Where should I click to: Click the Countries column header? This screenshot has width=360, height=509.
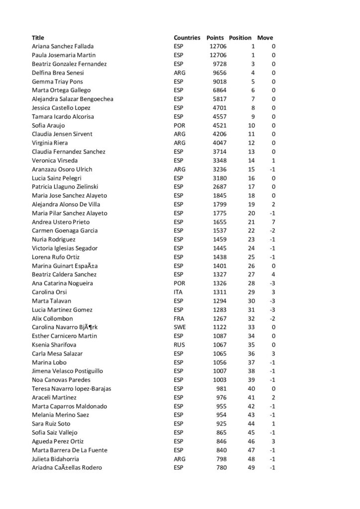tap(187, 38)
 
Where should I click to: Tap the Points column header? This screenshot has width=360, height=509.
tap(215, 38)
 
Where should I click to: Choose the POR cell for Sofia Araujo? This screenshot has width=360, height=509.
tap(180, 125)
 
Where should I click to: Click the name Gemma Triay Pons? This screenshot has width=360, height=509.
tap(55, 82)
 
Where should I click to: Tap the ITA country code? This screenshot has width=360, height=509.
tap(178, 292)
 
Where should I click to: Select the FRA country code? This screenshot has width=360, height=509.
tap(179, 319)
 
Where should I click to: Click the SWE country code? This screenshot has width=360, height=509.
tap(180, 328)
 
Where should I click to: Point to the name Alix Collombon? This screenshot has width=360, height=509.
tap(52, 319)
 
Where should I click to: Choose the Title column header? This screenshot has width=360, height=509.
tap(38, 38)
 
